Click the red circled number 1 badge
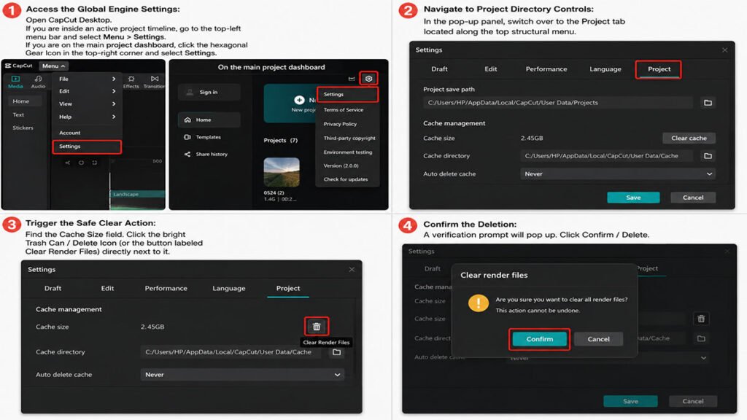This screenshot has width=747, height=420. click(12, 10)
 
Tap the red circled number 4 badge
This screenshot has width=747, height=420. click(408, 225)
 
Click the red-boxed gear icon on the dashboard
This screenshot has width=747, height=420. click(368, 79)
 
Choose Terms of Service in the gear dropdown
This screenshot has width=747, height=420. click(344, 110)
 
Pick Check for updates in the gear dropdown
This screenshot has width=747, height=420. click(345, 179)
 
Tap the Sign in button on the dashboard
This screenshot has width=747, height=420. click(209, 93)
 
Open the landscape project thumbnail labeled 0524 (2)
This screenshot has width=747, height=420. click(282, 172)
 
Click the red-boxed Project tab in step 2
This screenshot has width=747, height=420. click(659, 69)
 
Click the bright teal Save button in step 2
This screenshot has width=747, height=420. click(633, 198)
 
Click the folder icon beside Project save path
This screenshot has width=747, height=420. click(708, 103)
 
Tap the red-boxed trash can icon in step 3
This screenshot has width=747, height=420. click(317, 327)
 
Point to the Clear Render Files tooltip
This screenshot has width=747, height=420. click(326, 343)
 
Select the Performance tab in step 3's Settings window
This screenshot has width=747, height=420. click(166, 289)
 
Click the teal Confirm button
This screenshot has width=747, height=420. click(539, 339)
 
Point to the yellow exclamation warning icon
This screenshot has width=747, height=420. click(479, 303)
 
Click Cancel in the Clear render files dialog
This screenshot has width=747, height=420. click(598, 339)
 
